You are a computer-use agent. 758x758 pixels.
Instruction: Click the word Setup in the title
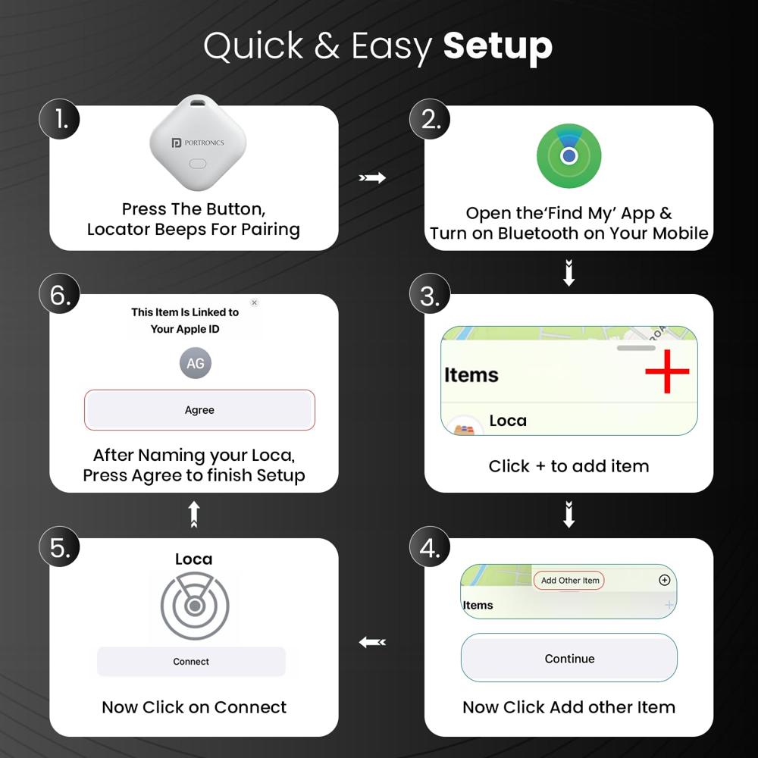(497, 47)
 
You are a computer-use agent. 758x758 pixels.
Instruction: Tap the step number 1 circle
(60, 119)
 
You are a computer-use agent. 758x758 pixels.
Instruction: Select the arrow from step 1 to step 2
(372, 178)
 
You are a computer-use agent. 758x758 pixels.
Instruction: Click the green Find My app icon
(568, 155)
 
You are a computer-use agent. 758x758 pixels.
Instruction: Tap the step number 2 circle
(430, 119)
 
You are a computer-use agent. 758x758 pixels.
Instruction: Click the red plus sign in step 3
(667, 371)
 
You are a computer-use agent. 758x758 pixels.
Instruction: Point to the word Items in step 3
(471, 375)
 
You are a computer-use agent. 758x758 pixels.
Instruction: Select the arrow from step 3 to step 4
(568, 515)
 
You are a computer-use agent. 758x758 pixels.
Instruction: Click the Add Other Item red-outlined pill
(569, 581)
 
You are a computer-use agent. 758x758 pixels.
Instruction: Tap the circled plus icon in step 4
(665, 580)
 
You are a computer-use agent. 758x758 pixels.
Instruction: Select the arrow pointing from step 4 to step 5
(372, 642)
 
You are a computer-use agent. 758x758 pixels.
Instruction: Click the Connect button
(191, 662)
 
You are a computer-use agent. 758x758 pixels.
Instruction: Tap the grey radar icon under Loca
(195, 606)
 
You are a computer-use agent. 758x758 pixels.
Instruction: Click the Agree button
(199, 410)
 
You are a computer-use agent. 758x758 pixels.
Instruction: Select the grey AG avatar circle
(196, 364)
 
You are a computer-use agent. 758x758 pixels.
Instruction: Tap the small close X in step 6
(254, 302)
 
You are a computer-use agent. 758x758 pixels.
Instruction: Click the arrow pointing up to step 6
(194, 514)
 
